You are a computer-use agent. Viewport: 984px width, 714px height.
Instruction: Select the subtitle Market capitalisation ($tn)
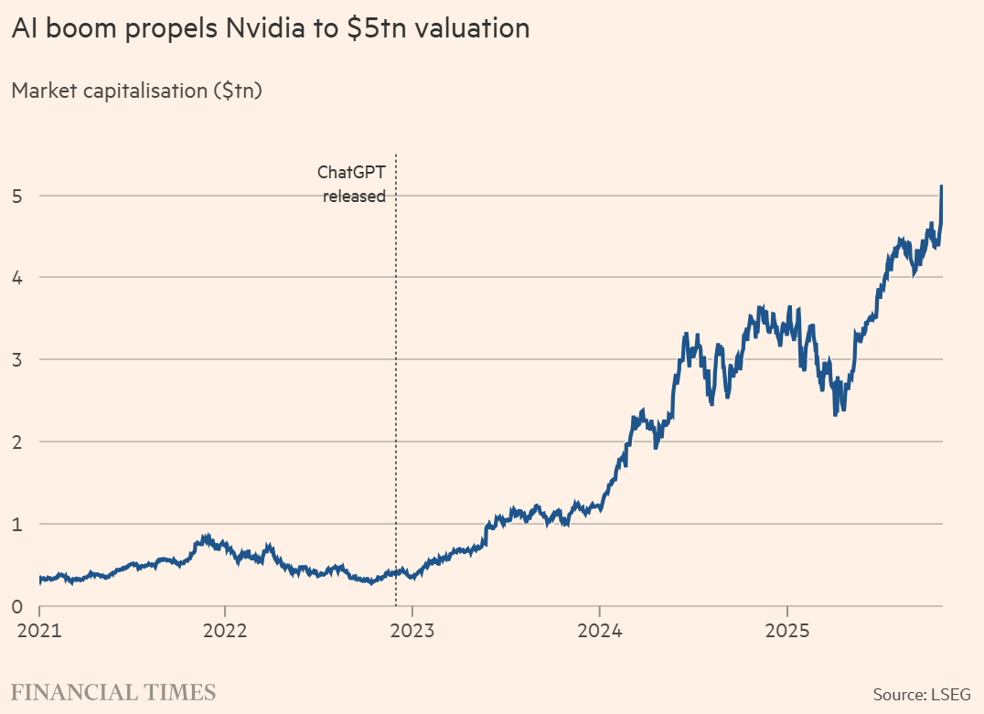[x=136, y=91]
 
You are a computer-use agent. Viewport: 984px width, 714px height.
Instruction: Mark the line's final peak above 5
[x=942, y=186]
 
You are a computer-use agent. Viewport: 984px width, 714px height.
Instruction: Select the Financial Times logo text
[x=113, y=692]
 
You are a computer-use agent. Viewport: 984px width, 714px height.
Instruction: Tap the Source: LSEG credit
[x=922, y=694]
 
